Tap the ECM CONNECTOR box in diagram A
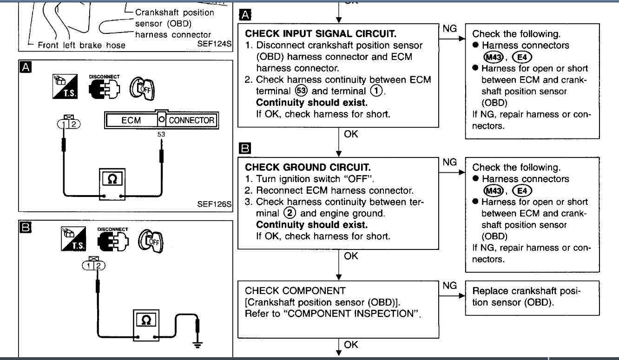coord(161,120)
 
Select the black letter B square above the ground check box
coord(244,149)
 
